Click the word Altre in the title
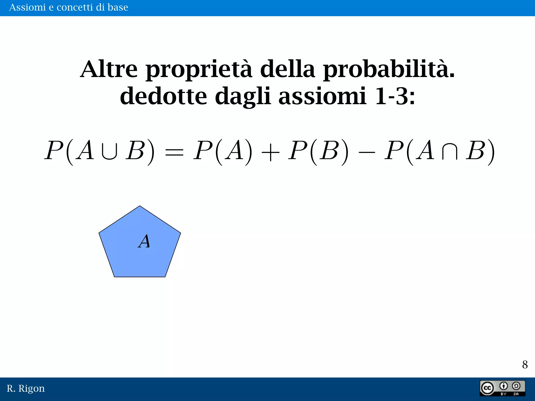click(109, 69)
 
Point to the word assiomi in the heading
click(322, 97)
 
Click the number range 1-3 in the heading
click(394, 96)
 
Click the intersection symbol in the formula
click(450, 151)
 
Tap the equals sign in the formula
click(174, 151)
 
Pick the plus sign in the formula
click(270, 151)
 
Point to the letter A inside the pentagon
click(144, 241)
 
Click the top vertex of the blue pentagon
click(140, 207)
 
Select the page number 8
click(525, 364)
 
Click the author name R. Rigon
click(26, 388)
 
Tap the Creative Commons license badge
click(502, 388)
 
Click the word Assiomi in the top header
click(27, 7)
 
